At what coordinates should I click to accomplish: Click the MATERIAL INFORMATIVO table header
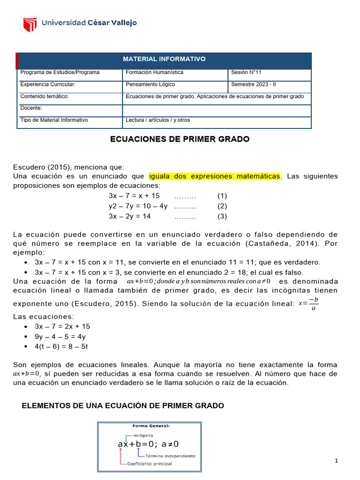click(164, 59)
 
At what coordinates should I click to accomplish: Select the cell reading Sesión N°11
click(246, 73)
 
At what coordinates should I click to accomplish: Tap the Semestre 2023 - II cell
click(254, 84)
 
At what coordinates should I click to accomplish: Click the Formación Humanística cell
click(154, 73)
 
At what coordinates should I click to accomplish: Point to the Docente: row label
click(31, 108)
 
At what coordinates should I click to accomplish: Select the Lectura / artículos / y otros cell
click(158, 120)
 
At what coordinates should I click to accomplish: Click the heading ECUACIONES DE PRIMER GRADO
click(180, 139)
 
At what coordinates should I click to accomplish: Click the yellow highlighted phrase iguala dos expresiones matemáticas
click(215, 176)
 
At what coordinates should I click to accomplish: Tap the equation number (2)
click(222, 206)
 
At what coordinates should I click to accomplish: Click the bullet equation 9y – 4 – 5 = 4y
click(60, 337)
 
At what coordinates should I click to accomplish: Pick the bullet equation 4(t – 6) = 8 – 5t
click(62, 346)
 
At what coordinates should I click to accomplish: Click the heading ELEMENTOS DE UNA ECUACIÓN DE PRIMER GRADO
click(123, 405)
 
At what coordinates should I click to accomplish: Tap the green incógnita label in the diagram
click(139, 435)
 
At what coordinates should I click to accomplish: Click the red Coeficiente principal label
click(149, 464)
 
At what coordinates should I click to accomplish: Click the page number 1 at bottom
click(336, 461)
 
